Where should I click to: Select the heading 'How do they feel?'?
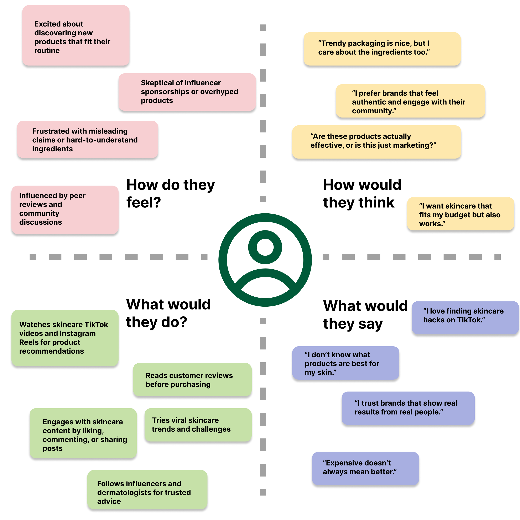click(170, 193)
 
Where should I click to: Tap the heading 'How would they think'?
click(362, 193)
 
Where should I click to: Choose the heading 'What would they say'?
click(365, 315)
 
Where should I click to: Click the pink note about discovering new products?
click(76, 36)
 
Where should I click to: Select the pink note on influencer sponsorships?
click(187, 92)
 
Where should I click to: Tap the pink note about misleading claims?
click(88, 139)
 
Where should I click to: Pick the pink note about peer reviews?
click(65, 209)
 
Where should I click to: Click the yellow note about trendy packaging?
click(382, 49)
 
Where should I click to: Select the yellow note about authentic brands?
click(410, 101)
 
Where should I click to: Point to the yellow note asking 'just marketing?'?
click(376, 142)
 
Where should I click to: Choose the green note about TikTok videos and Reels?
click(65, 338)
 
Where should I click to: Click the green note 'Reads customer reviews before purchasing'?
click(192, 380)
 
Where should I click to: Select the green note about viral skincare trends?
click(198, 425)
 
